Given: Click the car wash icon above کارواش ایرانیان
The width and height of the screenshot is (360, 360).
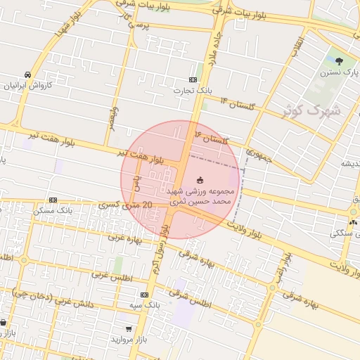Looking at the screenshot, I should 27,75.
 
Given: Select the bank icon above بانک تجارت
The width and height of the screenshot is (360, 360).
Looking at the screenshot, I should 193,80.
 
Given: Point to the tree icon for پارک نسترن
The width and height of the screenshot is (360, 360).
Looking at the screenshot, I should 340,61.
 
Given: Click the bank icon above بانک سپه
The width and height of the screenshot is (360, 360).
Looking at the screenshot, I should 145,295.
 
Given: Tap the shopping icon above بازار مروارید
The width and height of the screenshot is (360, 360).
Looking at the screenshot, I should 128,328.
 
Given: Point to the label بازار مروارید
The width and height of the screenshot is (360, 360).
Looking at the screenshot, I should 129,339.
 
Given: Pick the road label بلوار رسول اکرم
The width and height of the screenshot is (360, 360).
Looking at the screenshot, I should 160,250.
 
